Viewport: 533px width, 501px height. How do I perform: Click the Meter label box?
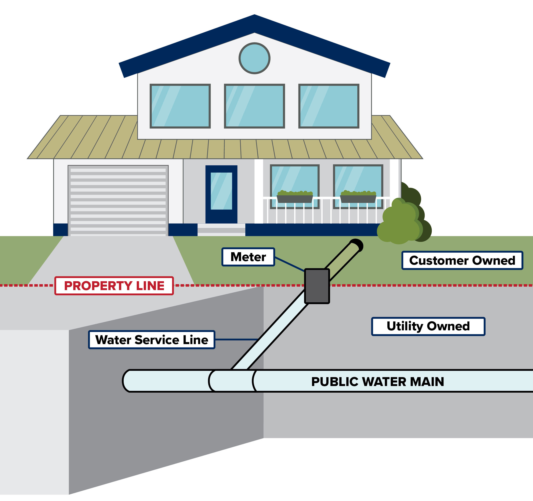pos(248,257)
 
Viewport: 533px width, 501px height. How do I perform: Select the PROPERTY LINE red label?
pos(114,286)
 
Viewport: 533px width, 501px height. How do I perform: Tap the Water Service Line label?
pos(152,340)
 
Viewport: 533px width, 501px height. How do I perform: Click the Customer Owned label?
pos(462,260)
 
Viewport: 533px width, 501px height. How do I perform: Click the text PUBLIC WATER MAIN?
pos(377,382)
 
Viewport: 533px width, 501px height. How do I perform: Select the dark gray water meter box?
pos(317,286)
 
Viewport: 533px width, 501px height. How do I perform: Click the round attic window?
pos(254,58)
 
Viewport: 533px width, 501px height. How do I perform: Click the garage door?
pos(118,201)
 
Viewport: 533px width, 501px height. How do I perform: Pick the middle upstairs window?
pos(254,106)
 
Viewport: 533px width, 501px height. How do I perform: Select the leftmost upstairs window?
pos(180,106)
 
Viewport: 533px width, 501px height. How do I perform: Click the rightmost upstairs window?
pos(329,106)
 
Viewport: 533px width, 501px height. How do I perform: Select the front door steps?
pos(221,230)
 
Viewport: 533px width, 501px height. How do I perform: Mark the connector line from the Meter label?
pos(290,264)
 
